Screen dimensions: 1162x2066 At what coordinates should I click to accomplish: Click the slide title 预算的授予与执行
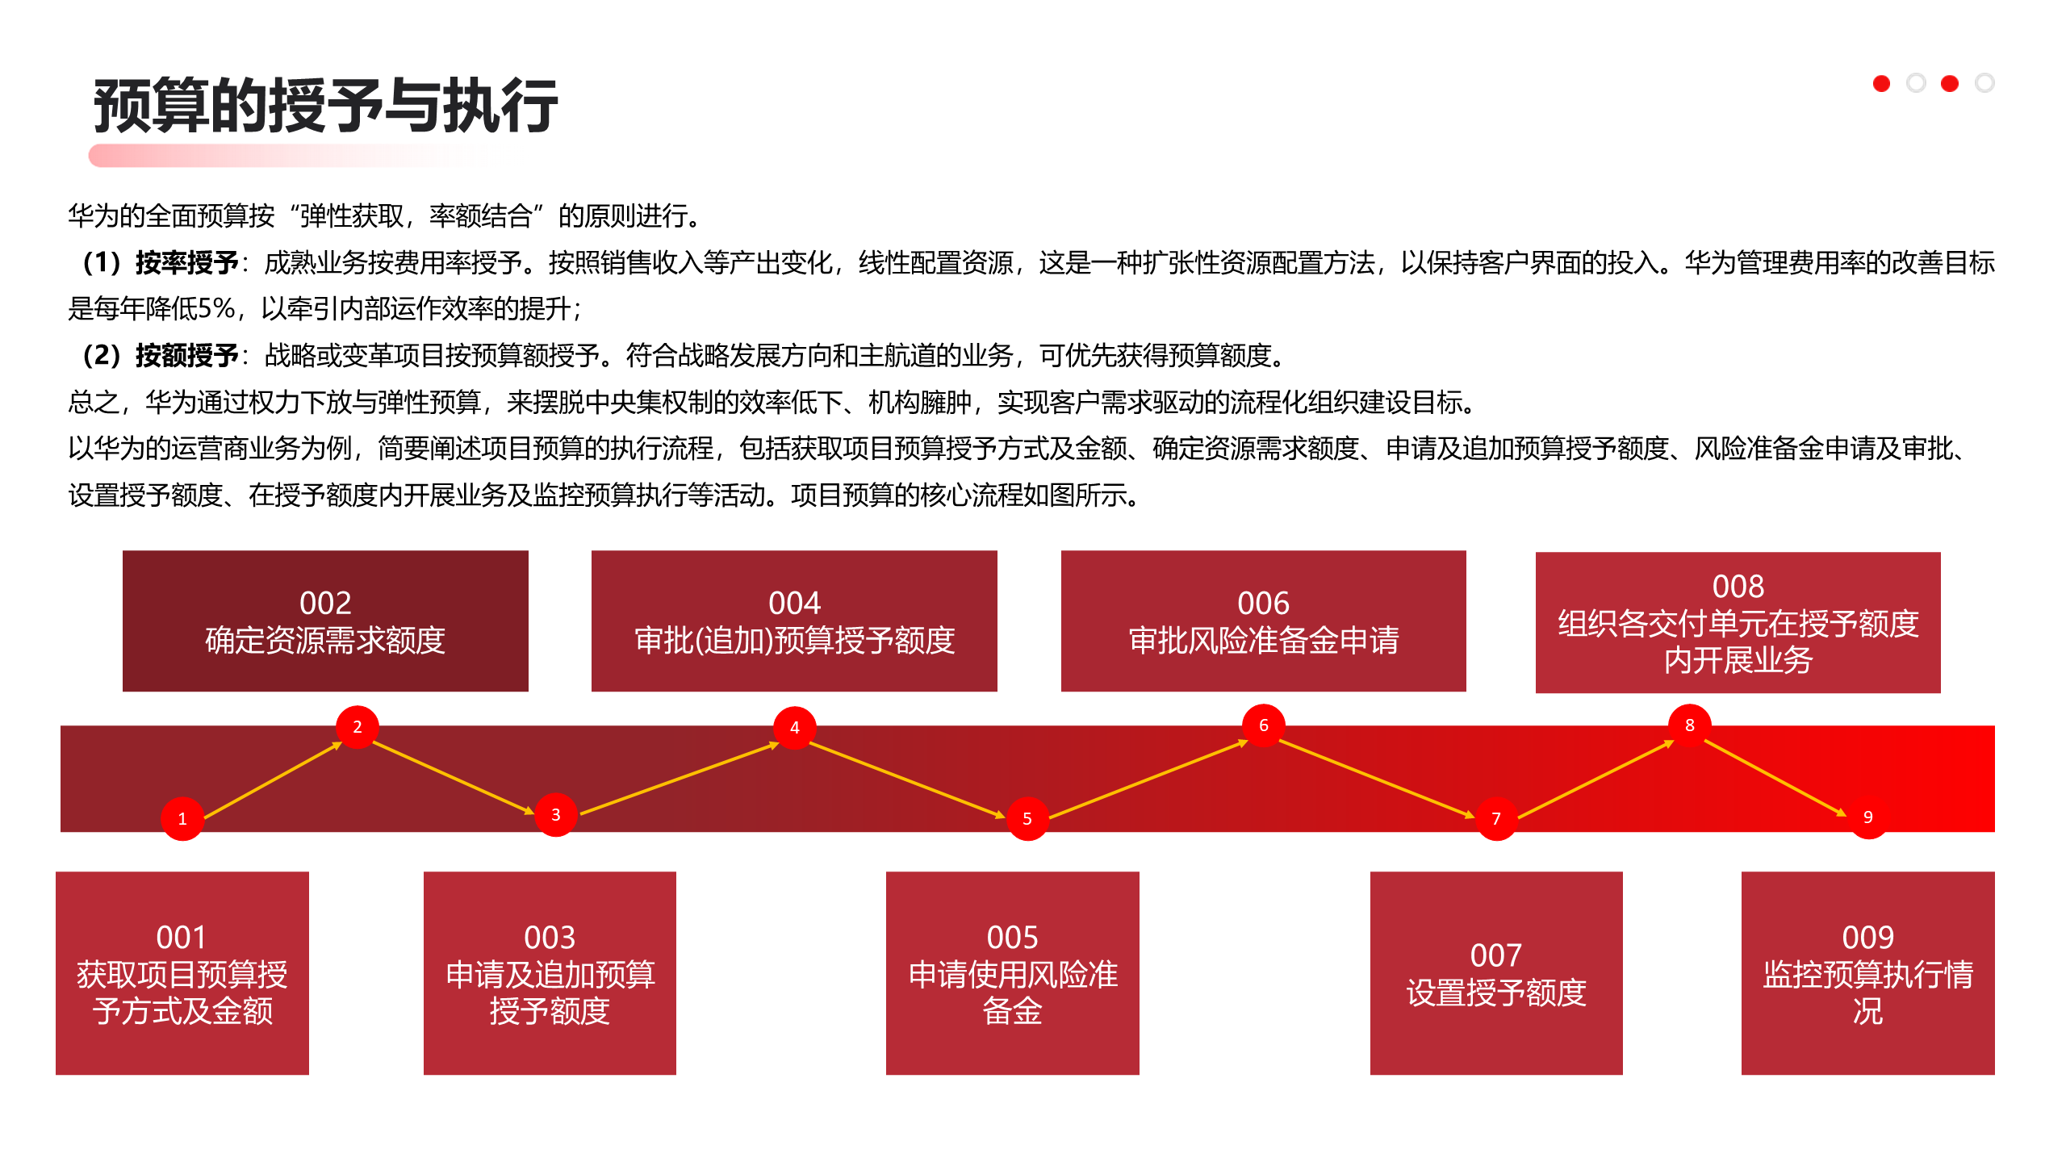click(325, 106)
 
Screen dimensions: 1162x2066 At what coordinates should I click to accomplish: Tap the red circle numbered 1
click(182, 818)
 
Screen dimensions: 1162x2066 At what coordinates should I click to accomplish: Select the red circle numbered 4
click(794, 727)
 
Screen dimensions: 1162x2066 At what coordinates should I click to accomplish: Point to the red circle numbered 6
click(1263, 725)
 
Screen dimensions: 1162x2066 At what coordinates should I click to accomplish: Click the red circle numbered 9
click(1867, 817)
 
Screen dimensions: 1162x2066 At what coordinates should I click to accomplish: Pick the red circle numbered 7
click(1496, 818)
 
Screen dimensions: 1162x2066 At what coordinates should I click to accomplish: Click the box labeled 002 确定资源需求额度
click(325, 621)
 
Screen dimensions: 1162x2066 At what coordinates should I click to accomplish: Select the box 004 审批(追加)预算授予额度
click(794, 621)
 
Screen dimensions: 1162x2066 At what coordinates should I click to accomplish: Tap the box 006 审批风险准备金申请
click(1263, 621)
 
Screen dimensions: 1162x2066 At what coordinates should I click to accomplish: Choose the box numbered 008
click(1738, 622)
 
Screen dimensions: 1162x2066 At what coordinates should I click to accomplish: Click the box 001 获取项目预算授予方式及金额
click(182, 972)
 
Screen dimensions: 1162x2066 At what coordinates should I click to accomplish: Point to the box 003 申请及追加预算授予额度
click(550, 972)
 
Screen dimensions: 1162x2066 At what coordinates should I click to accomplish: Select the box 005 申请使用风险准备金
click(1012, 972)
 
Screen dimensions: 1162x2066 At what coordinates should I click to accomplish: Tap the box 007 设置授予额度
click(1496, 972)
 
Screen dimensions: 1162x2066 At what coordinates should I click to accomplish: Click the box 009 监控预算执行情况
click(1867, 972)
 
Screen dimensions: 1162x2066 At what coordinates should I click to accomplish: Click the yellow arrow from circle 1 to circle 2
click(273, 780)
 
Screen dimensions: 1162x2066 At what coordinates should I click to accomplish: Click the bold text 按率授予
click(186, 262)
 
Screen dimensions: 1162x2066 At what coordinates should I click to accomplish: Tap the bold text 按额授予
click(186, 355)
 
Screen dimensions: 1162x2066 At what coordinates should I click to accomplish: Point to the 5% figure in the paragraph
click(215, 308)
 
